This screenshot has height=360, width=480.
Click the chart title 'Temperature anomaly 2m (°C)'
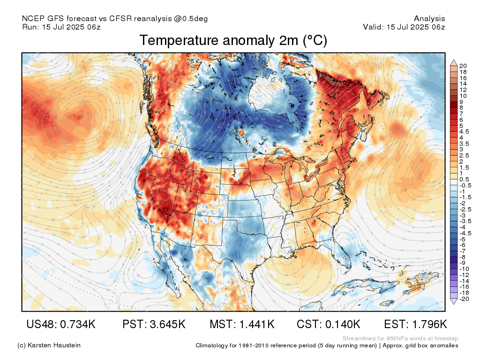pyautogui.click(x=233, y=40)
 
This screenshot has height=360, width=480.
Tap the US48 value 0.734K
pyautogui.click(x=78, y=324)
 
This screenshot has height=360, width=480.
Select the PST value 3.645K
pyautogui.click(x=168, y=324)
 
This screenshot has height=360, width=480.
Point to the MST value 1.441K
pyautogui.click(x=257, y=324)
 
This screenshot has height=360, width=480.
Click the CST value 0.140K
pyautogui.click(x=342, y=324)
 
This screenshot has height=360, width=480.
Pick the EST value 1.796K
pyautogui.click(x=429, y=324)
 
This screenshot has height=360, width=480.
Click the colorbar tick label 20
pyautogui.click(x=463, y=66)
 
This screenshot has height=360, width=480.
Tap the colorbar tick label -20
pyautogui.click(x=465, y=299)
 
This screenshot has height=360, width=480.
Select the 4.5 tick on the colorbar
pyautogui.click(x=464, y=132)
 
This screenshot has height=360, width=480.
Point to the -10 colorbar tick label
pyautogui.click(x=465, y=269)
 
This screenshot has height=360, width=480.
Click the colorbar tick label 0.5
pyautogui.click(x=464, y=180)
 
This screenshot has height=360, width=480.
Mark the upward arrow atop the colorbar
pyautogui.click(x=454, y=63)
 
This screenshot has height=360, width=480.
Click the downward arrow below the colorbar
pyautogui.click(x=454, y=301)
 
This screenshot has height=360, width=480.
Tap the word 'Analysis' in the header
pyautogui.click(x=429, y=19)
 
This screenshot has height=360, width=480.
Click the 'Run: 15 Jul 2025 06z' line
pyautogui.click(x=61, y=27)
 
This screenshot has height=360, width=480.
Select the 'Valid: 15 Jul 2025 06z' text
pyautogui.click(x=404, y=27)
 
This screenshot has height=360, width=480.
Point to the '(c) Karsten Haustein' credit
pyautogui.click(x=49, y=345)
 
